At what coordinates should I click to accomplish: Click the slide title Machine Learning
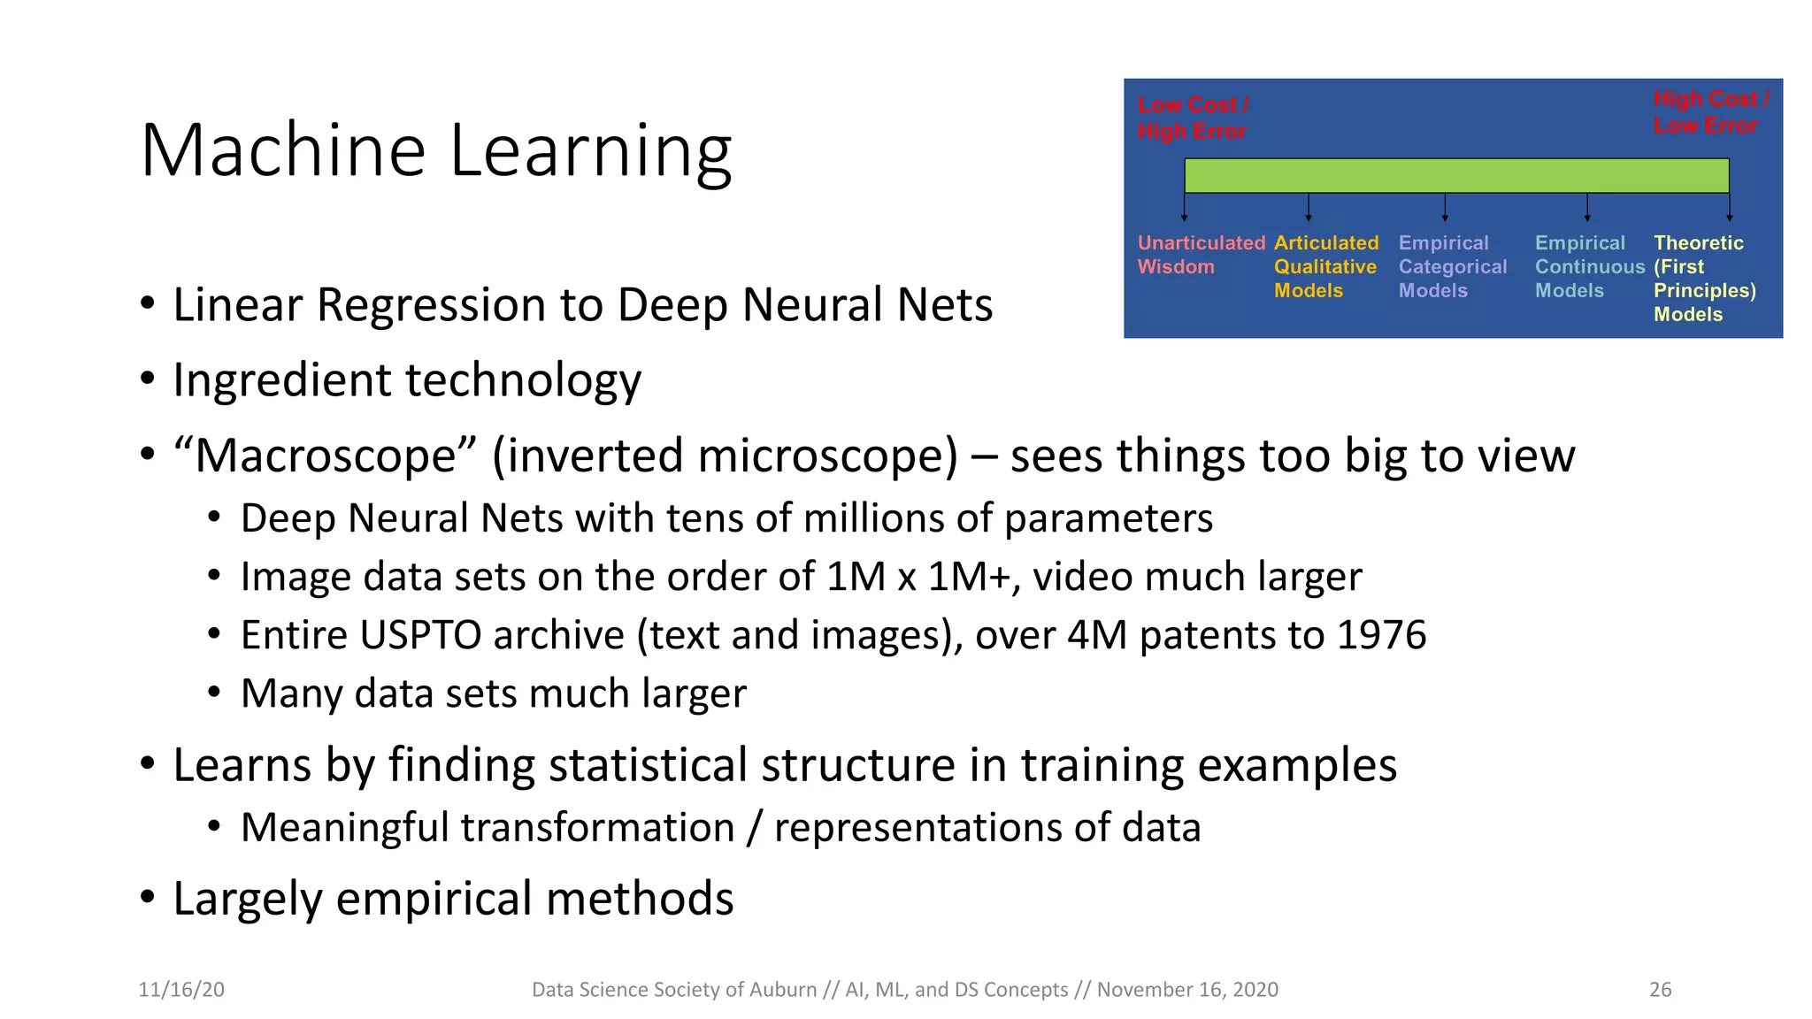coord(435,150)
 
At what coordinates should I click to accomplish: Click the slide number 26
coord(1660,989)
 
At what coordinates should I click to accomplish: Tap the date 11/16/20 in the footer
coord(181,989)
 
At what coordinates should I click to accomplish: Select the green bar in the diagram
coord(1455,175)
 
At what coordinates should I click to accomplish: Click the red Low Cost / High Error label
coord(1192,118)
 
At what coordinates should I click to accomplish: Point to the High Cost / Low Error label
coord(1710,112)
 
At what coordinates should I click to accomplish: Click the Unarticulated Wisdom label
coord(1200,255)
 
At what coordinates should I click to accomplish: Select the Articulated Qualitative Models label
coord(1325,266)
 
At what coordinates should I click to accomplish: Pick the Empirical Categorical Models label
coord(1452,266)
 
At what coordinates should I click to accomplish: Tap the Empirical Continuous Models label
coord(1588,266)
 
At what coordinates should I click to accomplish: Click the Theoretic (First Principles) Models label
coord(1703,278)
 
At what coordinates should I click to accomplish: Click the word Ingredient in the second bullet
coord(281,380)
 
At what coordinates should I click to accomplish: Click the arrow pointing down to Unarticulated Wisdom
coord(1184,207)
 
